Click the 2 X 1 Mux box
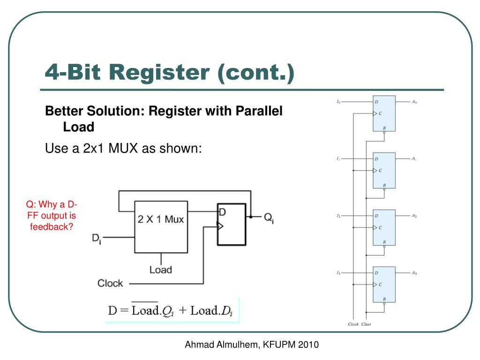click(161, 227)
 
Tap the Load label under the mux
click(161, 270)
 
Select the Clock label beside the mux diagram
click(110, 283)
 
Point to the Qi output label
click(269, 218)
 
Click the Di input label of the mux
click(97, 239)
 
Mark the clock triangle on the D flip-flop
click(220, 226)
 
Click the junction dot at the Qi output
click(251, 217)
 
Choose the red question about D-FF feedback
click(52, 216)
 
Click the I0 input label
click(338, 102)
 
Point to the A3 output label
click(414, 273)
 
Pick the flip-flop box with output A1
click(384, 170)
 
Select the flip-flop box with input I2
click(384, 227)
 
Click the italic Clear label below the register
click(366, 324)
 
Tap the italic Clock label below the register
click(353, 324)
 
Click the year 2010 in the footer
click(308, 345)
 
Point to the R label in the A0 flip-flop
click(384, 128)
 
